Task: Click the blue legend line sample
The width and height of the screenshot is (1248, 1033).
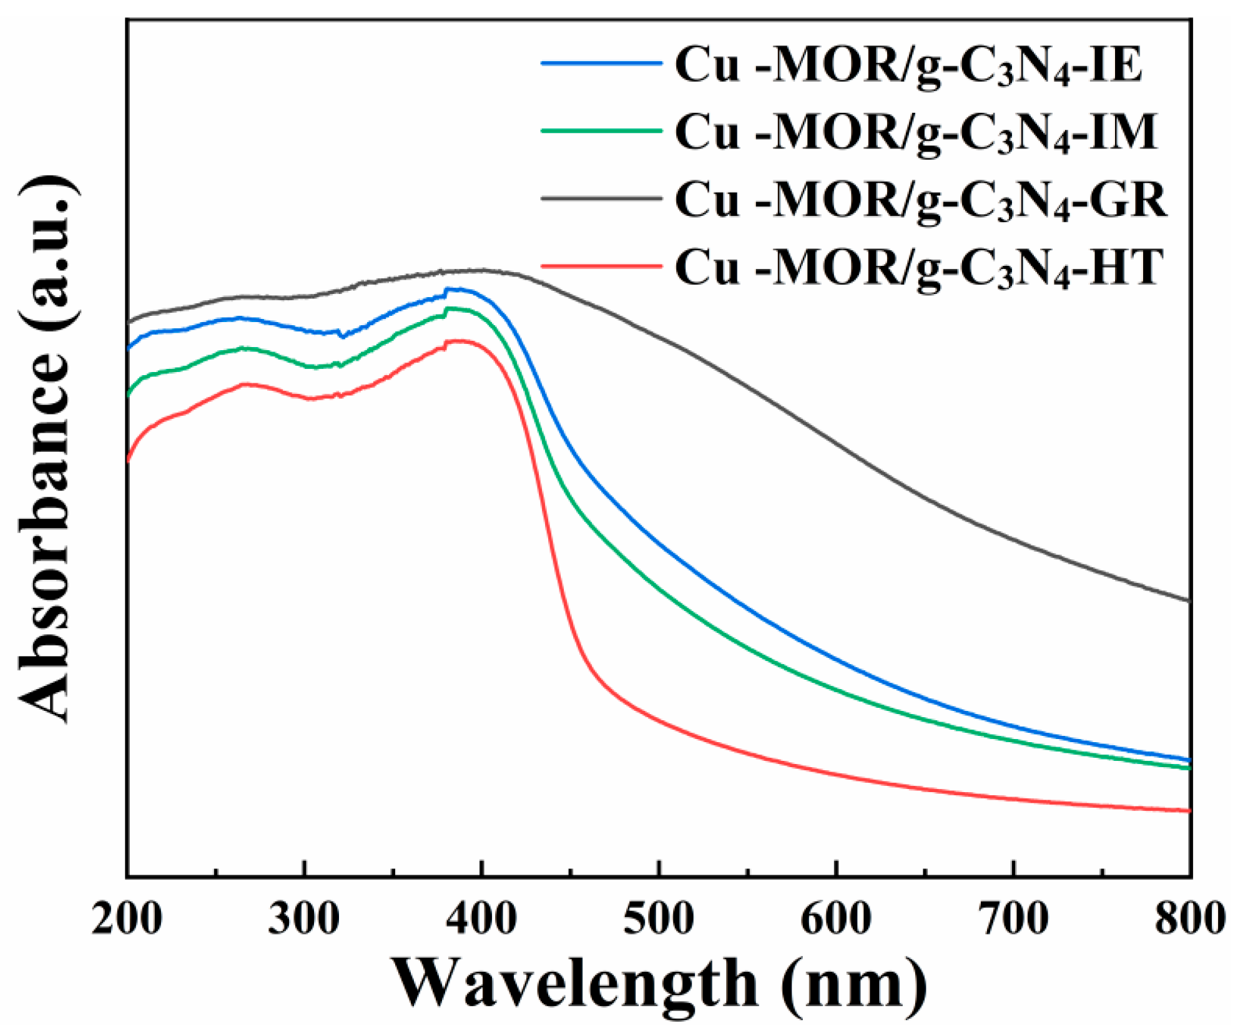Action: click(601, 63)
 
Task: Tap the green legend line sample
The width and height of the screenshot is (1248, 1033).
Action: click(601, 131)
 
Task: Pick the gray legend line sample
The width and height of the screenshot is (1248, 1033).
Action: click(601, 198)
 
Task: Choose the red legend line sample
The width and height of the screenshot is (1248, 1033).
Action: click(601, 267)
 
